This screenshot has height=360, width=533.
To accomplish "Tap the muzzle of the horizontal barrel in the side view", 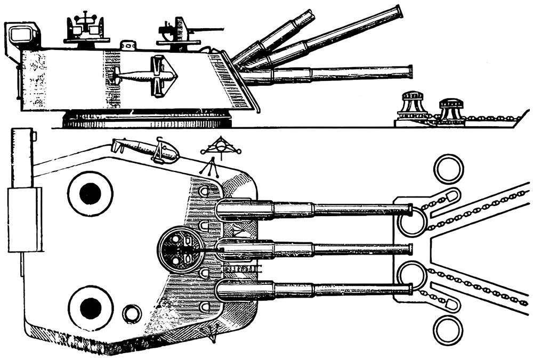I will click(409, 71).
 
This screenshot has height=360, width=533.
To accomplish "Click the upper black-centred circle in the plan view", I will click(90, 193).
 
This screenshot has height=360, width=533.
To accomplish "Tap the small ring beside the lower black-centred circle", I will click(132, 314).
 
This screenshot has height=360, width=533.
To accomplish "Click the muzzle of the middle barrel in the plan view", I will click(409, 249).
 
